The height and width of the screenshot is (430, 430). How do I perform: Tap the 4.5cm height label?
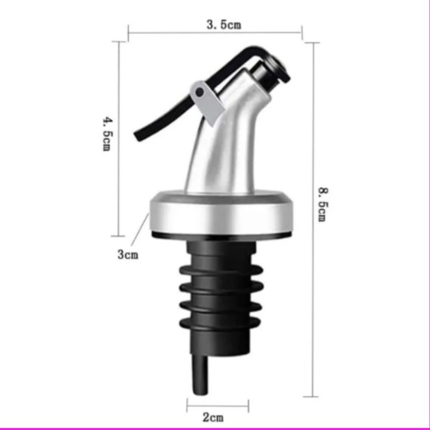coord(107,134)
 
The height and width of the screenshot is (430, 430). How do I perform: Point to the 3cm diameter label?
coord(127,254)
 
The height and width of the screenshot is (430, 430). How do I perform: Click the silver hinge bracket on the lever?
coord(207,100)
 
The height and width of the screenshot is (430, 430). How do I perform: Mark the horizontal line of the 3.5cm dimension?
coord(179,33)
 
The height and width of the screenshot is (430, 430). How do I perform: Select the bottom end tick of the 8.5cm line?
coord(311,396)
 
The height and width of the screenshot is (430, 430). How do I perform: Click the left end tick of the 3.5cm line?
coord(128,33)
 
